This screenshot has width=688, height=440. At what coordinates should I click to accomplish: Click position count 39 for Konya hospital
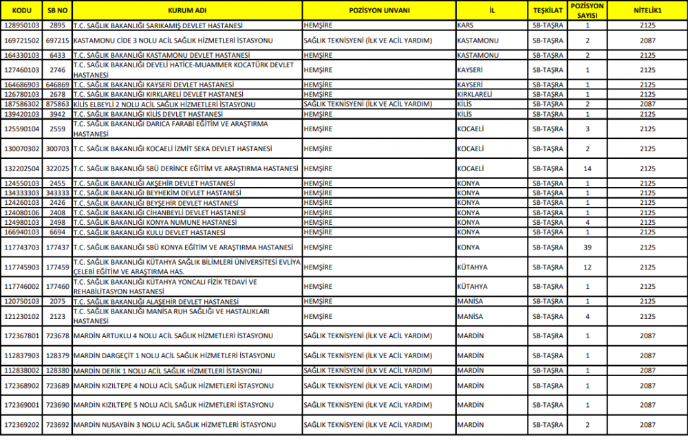(588, 247)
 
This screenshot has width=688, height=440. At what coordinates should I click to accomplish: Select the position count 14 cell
(588, 168)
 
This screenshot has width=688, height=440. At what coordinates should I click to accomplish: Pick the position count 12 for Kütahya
(588, 267)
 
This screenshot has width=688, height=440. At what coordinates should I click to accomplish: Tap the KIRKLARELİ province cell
(474, 94)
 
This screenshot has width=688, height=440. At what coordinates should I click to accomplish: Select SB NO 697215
(57, 41)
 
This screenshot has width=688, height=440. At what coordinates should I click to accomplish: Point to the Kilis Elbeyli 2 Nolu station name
(164, 104)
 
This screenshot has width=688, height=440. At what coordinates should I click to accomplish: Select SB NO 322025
(57, 168)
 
